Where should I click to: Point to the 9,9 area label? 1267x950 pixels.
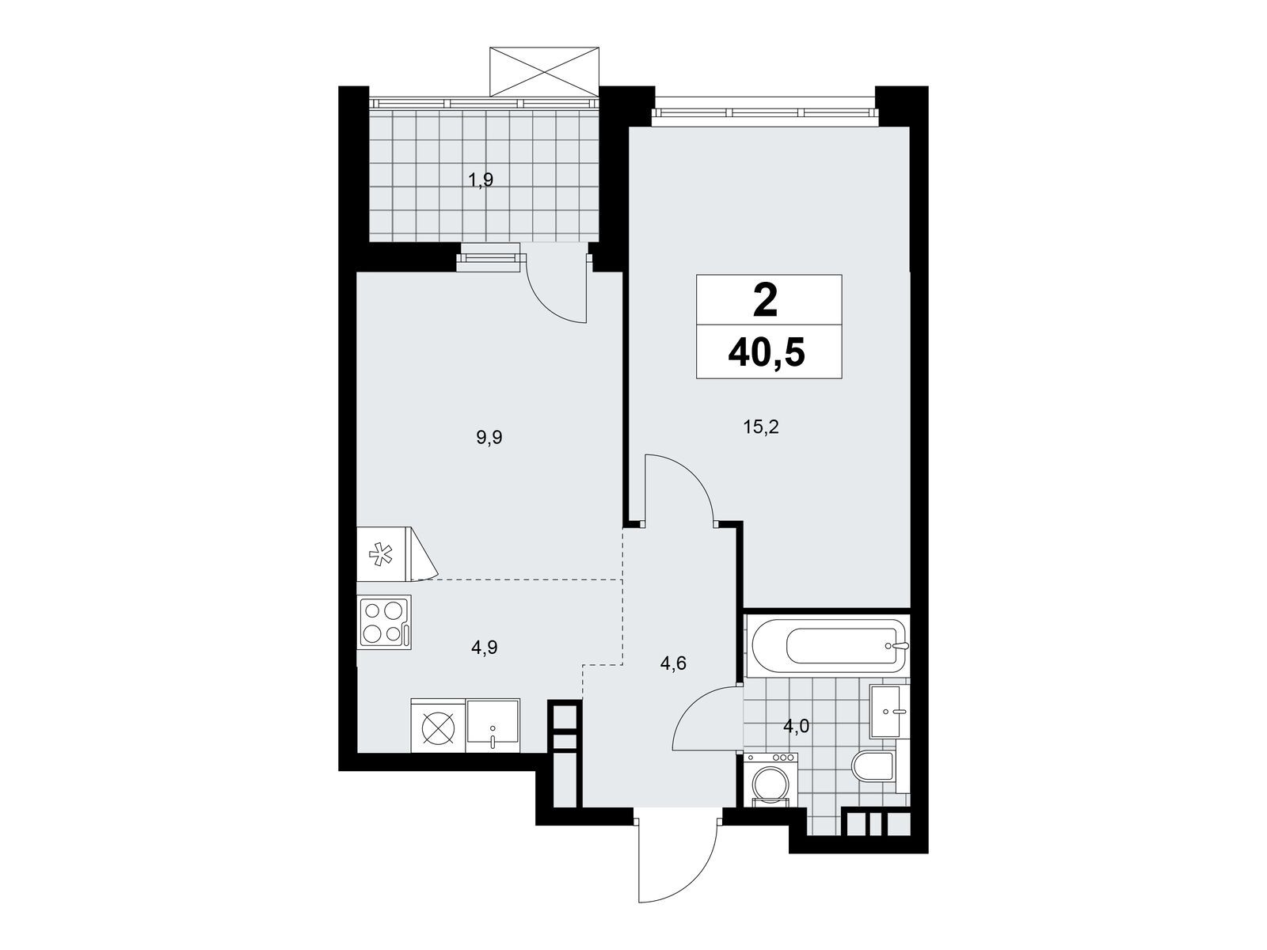pyautogui.click(x=490, y=437)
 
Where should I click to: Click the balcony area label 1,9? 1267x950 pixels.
pyautogui.click(x=480, y=181)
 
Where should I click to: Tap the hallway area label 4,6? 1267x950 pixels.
pyautogui.click(x=673, y=663)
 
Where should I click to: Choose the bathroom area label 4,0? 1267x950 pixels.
pyautogui.click(x=797, y=726)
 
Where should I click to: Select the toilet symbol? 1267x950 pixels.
pyautogui.click(x=873, y=766)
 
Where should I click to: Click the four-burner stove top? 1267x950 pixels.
pyautogui.click(x=384, y=621)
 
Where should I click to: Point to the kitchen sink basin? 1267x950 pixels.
pyautogui.click(x=493, y=725)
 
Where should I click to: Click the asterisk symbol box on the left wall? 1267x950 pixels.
pyautogui.click(x=382, y=553)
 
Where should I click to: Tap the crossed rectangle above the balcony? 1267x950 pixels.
pyautogui.click(x=543, y=71)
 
